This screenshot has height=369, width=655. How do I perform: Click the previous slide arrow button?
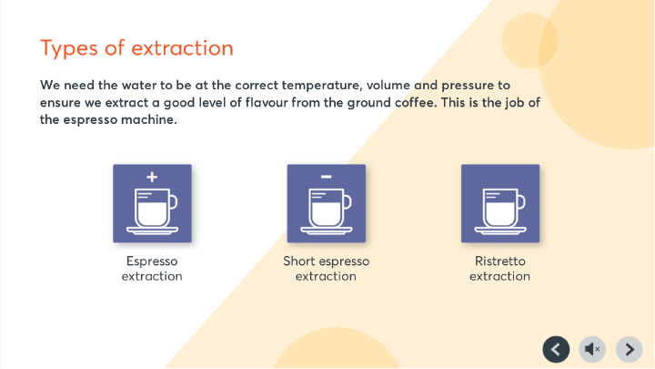[x=556, y=349]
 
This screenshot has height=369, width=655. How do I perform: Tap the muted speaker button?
[x=592, y=349]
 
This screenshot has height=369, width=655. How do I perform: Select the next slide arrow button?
[x=630, y=349]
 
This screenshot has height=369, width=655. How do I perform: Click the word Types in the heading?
[x=69, y=48]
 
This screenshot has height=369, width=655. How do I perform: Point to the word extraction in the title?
[x=182, y=48]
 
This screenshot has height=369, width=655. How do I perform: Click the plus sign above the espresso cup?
[x=152, y=177]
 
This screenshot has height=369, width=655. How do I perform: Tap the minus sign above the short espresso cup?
[x=327, y=177]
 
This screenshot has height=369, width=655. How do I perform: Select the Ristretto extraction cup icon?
[x=500, y=203]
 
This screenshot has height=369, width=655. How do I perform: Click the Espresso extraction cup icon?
[x=153, y=203]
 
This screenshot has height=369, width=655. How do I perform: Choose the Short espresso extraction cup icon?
[x=327, y=203]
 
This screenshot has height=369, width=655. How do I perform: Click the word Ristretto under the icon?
[x=500, y=261]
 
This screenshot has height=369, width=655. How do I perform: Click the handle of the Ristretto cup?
[x=521, y=203]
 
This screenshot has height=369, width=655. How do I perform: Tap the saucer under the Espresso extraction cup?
[x=153, y=231]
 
